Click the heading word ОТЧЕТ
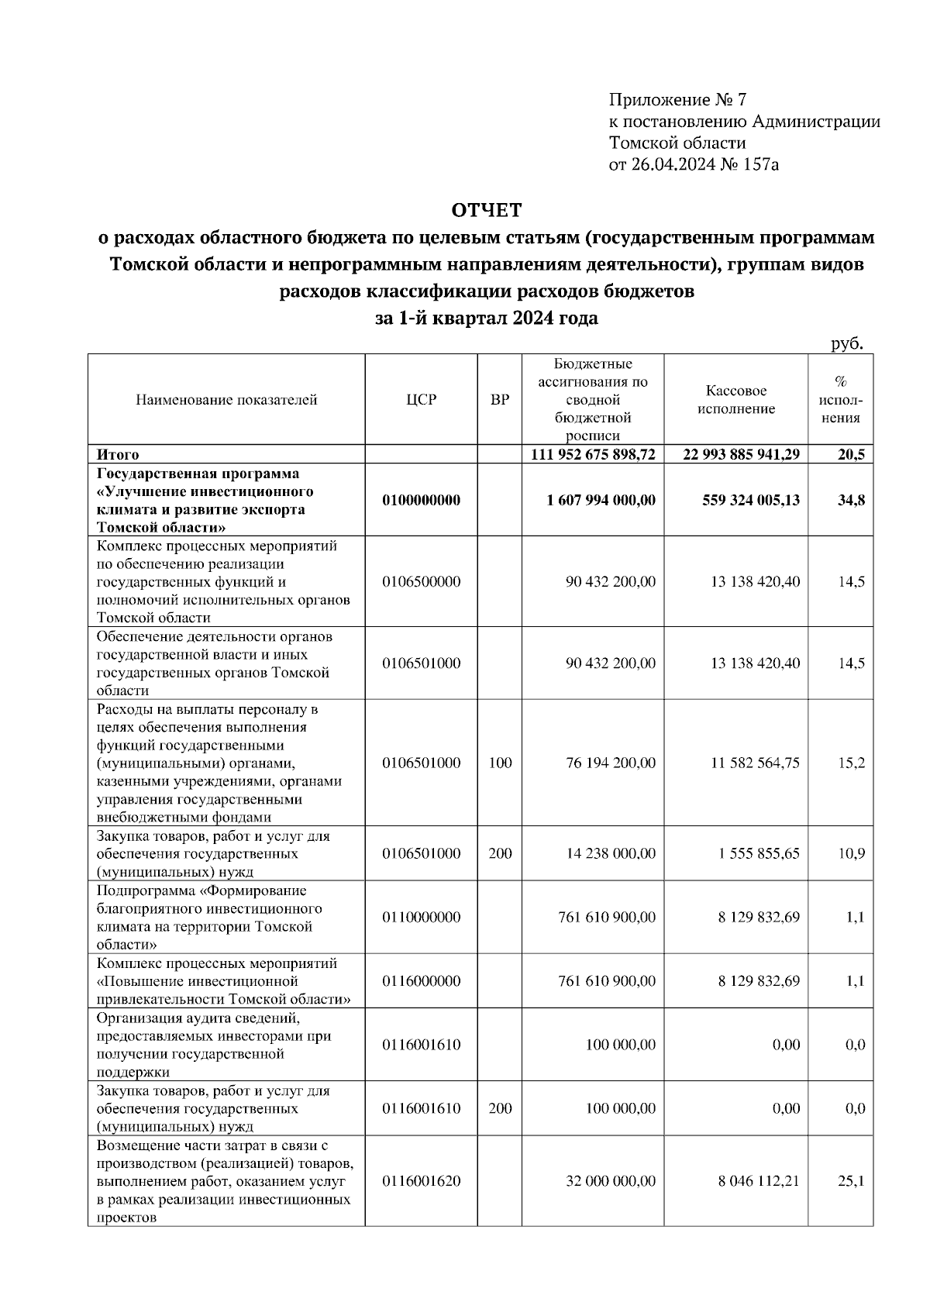487,210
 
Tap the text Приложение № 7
677,100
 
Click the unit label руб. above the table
846,344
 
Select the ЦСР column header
422,400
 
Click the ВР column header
500,400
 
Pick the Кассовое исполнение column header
735,400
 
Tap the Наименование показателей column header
226,400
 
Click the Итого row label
118,455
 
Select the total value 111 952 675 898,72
593,455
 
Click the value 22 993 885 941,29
741,455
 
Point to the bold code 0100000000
422,501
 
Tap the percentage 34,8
851,501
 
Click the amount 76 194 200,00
611,763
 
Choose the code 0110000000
422,918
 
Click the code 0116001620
422,1182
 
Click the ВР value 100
500,763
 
